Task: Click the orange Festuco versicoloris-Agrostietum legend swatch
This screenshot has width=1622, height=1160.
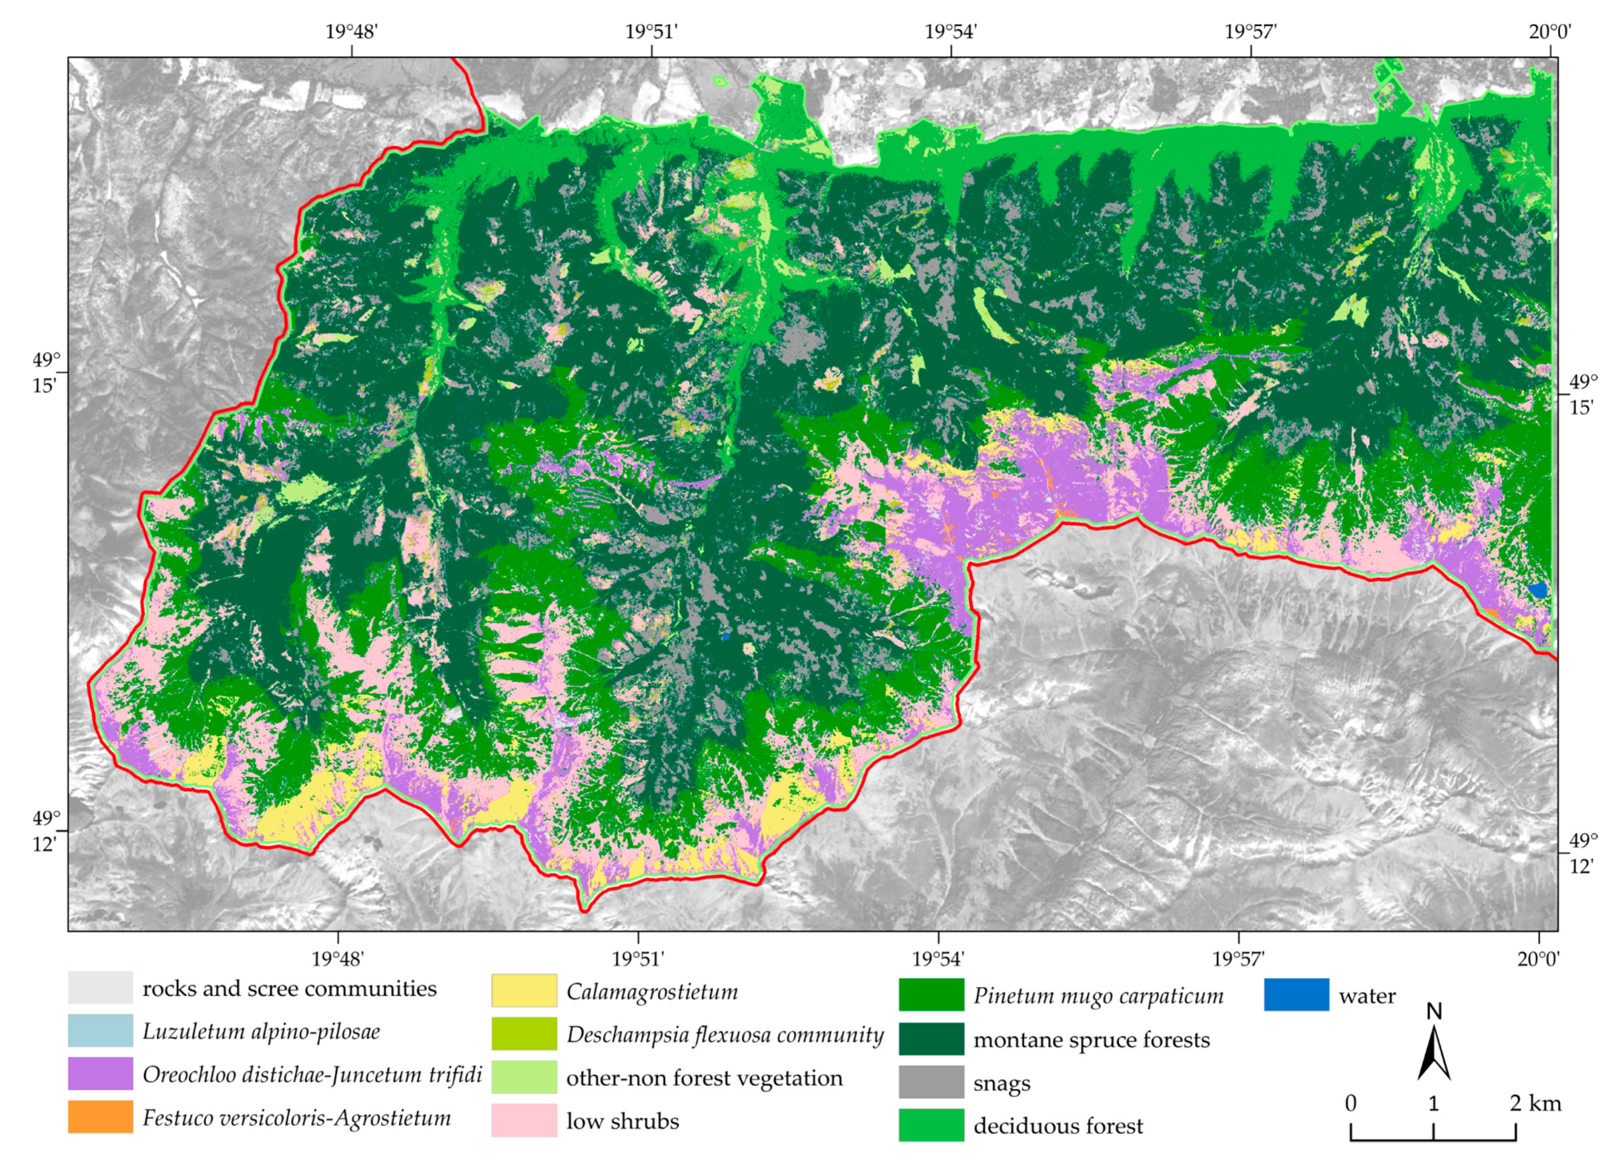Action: click(100, 1116)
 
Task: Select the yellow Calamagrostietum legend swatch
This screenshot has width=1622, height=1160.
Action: click(523, 990)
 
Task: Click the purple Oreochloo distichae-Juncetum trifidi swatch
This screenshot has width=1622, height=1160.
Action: click(100, 1073)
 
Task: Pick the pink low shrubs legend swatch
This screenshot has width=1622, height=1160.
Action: click(523, 1120)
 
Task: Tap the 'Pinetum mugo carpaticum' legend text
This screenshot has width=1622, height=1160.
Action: click(1098, 996)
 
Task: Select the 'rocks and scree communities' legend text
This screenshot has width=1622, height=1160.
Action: click(289, 989)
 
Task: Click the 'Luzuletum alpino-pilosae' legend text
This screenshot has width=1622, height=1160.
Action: click(261, 1031)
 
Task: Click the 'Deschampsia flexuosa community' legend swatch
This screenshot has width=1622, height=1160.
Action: click(523, 1034)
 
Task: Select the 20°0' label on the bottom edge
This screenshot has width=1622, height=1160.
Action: click(1537, 958)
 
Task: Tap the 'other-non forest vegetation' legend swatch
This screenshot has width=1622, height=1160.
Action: click(523, 1076)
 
